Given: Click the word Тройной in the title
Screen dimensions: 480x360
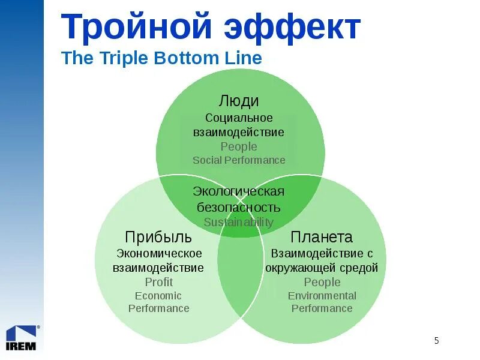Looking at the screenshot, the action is point(137,27).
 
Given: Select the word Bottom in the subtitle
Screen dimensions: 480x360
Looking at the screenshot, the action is point(182,58).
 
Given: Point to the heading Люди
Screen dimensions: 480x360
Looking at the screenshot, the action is point(239,101).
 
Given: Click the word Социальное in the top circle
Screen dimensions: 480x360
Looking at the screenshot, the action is point(239,118).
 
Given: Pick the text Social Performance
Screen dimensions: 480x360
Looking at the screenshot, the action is point(239,160).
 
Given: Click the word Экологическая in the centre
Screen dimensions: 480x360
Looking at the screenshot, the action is point(239,191).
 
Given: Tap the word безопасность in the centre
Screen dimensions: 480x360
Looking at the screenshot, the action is point(239,207).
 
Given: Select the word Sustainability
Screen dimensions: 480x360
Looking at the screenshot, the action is point(239,222).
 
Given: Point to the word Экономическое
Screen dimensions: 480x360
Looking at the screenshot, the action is point(159,253).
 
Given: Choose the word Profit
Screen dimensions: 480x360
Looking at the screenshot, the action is point(159,282).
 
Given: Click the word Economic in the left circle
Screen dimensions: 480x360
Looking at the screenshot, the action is point(158,295).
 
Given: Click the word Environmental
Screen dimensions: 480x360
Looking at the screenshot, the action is point(322,295).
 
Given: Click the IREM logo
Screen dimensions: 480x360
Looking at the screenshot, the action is point(22,337).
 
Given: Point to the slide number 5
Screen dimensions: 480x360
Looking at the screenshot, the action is point(436,341).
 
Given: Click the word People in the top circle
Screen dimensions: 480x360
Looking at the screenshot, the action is point(239,146).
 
